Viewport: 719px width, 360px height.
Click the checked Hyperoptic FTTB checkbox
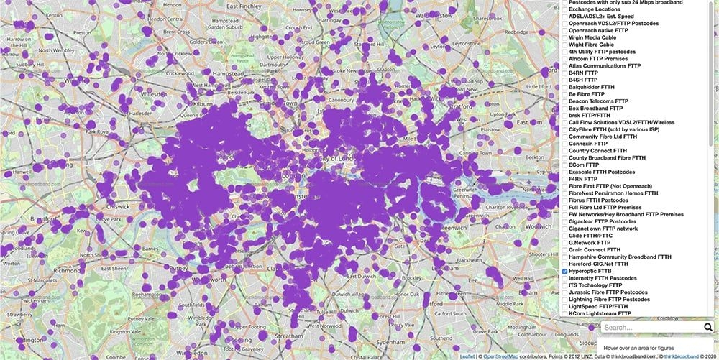(565, 271)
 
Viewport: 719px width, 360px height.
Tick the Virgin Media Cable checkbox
(565, 37)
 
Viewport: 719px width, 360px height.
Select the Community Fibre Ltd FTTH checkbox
(565, 137)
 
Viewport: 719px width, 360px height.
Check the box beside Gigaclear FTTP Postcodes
(565, 221)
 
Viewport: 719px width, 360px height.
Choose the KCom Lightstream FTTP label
(600, 313)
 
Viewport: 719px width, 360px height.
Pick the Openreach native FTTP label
(598, 31)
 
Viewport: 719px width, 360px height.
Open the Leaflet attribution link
(467, 356)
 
